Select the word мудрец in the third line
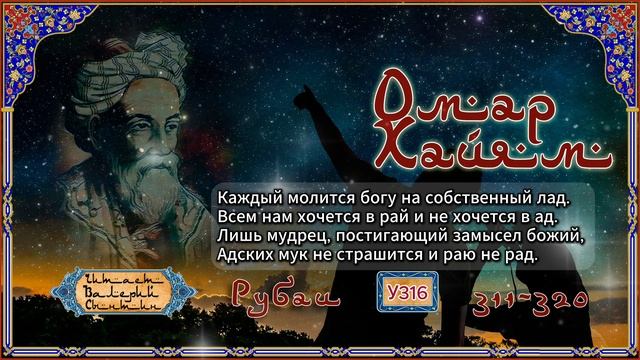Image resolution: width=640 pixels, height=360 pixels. (295, 234)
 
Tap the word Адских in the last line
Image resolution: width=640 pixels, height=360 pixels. (243, 254)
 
